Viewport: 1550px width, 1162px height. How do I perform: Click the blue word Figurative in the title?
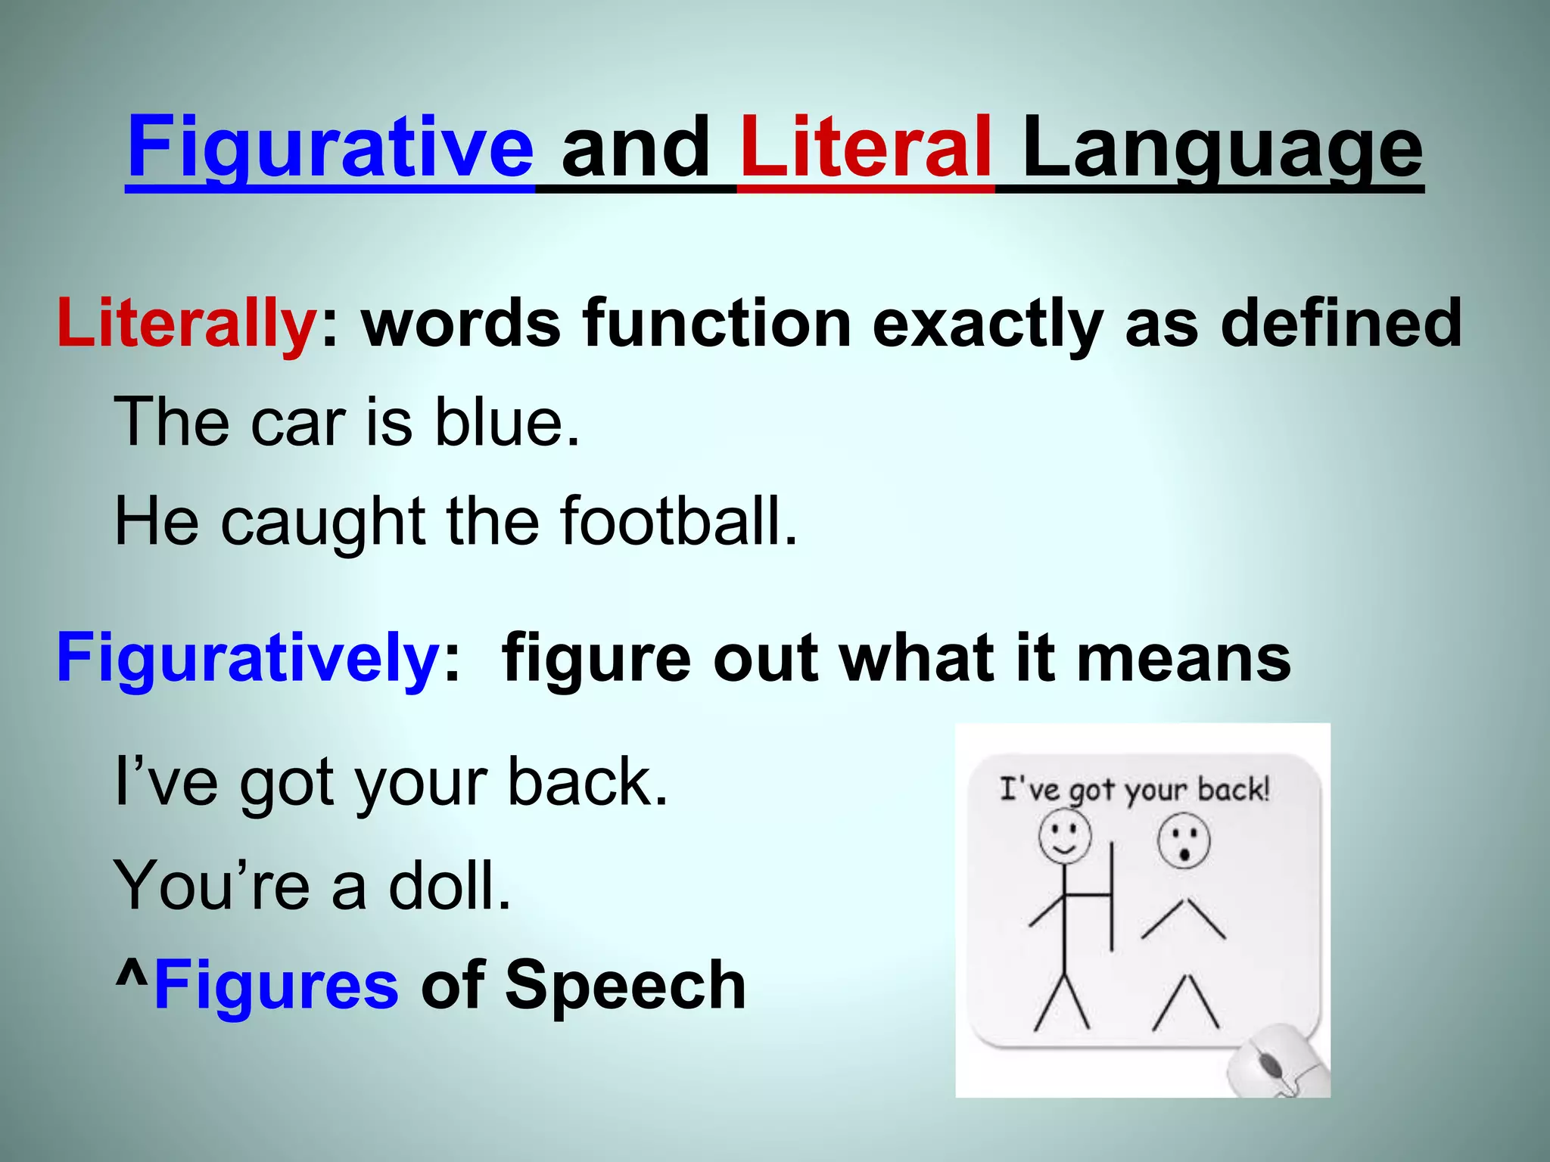(331, 148)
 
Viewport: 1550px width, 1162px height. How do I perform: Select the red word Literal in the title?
(866, 148)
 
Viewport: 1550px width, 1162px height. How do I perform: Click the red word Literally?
(186, 323)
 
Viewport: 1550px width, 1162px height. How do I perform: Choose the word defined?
(1341, 323)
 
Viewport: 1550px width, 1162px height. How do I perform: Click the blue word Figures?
(275, 985)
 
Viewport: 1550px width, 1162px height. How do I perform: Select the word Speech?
(625, 985)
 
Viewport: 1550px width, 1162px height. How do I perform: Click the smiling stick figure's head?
(1064, 837)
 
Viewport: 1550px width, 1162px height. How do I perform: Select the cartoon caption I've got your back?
(1134, 789)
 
